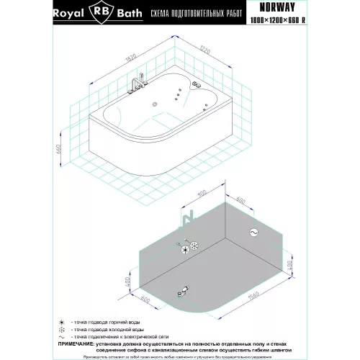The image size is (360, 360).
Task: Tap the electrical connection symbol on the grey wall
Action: coord(253,232)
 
